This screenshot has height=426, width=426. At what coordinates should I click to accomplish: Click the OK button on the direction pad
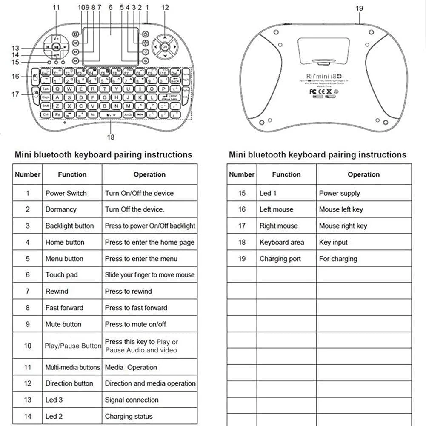pyautogui.click(x=165, y=47)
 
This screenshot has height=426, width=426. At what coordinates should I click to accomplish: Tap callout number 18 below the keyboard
pyautogui.click(x=111, y=137)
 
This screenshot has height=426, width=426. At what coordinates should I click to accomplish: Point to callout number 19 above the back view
pyautogui.click(x=360, y=8)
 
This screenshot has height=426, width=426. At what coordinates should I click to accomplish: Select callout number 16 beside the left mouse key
pyautogui.click(x=15, y=77)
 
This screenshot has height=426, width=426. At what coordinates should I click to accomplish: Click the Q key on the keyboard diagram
pyautogui.click(x=57, y=89)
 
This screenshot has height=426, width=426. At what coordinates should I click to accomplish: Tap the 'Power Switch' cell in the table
pyautogui.click(x=66, y=193)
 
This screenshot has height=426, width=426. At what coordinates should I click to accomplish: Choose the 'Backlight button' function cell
pyautogui.click(x=69, y=226)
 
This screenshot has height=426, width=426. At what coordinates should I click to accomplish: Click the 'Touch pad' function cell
pyautogui.click(x=62, y=275)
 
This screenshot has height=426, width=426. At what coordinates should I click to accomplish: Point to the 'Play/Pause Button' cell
pyautogui.click(x=73, y=346)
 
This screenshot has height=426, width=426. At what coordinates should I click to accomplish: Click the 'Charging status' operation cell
pyautogui.click(x=129, y=417)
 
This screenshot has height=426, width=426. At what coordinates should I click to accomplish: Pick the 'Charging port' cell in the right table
pyautogui.click(x=280, y=259)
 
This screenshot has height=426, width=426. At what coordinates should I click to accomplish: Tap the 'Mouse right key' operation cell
pyautogui.click(x=343, y=226)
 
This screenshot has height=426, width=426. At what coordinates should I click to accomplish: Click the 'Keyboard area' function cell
pyautogui.click(x=282, y=243)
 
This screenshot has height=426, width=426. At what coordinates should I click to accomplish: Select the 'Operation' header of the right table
pyautogui.click(x=363, y=174)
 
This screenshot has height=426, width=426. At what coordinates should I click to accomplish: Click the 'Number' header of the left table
pyautogui.click(x=28, y=174)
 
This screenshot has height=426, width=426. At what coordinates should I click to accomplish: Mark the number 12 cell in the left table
pyautogui.click(x=28, y=383)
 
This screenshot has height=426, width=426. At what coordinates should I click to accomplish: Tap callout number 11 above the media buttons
pyautogui.click(x=57, y=7)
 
